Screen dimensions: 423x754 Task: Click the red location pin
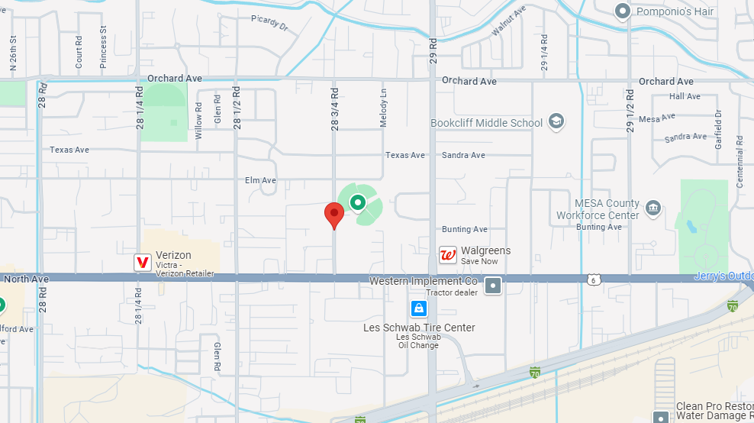333,215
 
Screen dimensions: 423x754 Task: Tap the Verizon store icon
142,262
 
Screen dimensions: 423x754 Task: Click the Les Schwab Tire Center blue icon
418,308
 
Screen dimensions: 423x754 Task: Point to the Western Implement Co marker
494,286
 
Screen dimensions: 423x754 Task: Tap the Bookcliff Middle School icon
556,122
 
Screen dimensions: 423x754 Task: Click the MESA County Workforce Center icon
652,207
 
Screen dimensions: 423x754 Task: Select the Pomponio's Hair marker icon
623,11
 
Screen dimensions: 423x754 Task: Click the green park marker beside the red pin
357,202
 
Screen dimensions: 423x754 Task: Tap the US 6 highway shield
592,280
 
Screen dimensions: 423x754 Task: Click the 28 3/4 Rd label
334,108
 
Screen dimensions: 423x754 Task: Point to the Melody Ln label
384,107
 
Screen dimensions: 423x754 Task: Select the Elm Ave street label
260,180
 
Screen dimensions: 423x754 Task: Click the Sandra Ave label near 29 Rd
463,155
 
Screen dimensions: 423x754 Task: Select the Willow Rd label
198,121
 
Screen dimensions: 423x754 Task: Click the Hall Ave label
685,96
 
